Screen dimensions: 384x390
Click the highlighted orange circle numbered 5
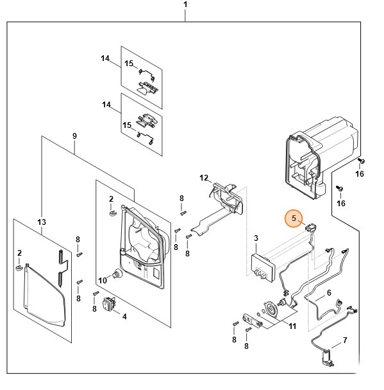click(294, 218)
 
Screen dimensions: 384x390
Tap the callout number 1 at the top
click(185, 4)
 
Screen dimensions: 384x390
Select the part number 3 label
click(256, 238)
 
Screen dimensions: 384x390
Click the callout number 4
click(124, 317)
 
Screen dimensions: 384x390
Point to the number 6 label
click(329, 293)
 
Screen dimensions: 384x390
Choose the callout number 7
click(345, 341)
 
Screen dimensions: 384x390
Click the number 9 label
click(75, 136)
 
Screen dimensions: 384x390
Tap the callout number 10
click(103, 281)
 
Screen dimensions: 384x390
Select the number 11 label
click(292, 326)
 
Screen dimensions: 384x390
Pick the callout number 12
click(204, 178)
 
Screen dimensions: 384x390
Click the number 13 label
click(42, 222)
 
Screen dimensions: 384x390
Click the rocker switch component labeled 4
click(109, 303)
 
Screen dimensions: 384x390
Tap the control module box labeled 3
click(263, 268)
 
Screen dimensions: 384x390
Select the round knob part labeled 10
click(118, 274)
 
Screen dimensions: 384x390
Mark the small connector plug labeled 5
click(310, 227)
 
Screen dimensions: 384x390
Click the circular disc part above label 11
click(271, 309)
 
